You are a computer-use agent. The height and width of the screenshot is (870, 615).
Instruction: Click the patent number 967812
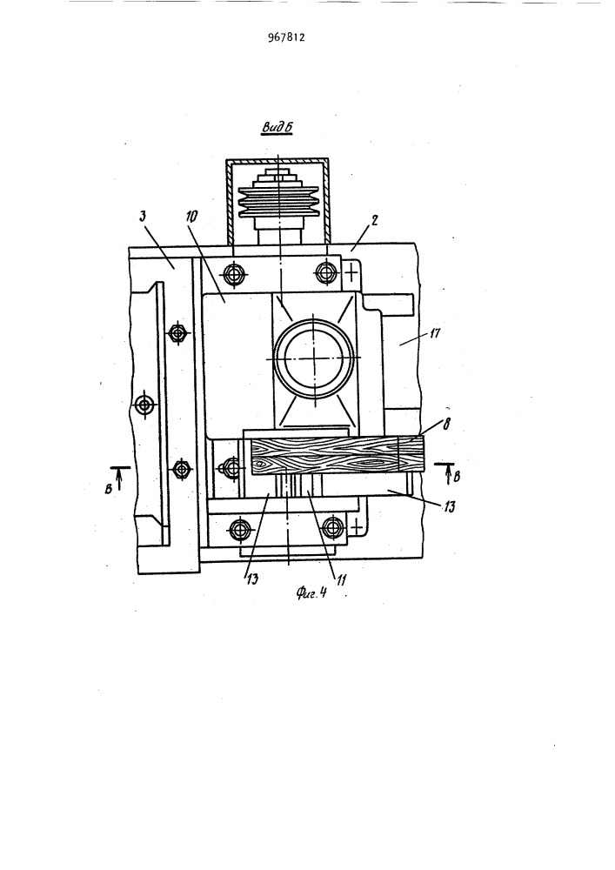[x=286, y=37]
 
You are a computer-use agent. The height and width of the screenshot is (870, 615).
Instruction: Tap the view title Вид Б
[x=277, y=128]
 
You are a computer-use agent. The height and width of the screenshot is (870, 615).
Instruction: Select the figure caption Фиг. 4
[x=311, y=593]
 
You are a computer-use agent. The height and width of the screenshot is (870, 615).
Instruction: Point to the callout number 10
[x=191, y=217]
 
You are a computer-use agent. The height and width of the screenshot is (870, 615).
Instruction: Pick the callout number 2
[x=374, y=221]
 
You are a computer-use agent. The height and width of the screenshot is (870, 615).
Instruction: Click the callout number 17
[x=434, y=335]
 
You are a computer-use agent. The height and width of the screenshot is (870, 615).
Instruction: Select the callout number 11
[x=341, y=579]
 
